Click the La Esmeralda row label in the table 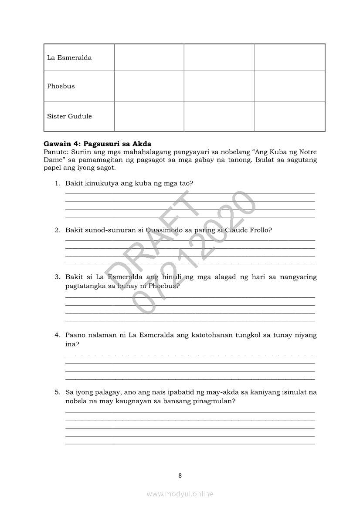point(69,58)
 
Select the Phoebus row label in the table point(61,86)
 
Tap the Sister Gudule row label point(69,116)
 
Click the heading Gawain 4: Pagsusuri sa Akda point(97,144)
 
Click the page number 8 point(180,475)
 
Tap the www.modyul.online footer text point(180,494)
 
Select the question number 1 point(57,183)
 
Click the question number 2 point(57,230)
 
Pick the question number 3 point(57,277)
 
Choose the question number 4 point(57,335)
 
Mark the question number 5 point(57,392)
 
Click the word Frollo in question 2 point(260,230)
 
